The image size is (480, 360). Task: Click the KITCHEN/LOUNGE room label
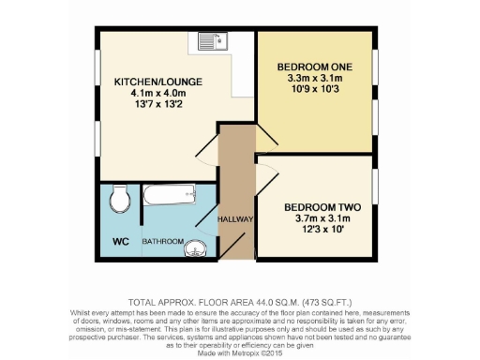pyautogui.click(x=150, y=82)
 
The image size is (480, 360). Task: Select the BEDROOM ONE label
pyautogui.click(x=314, y=67)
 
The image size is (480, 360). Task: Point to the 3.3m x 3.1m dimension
pyautogui.click(x=314, y=79)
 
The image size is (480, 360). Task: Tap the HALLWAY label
pyautogui.click(x=236, y=219)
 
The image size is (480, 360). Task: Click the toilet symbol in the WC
pyautogui.click(x=119, y=199)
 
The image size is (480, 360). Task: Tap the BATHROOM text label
pyautogui.click(x=161, y=241)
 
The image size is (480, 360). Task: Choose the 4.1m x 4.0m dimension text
pyautogui.click(x=150, y=94)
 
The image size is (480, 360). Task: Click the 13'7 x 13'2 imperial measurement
pyautogui.click(x=150, y=105)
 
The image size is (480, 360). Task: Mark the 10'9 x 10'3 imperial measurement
pyautogui.click(x=314, y=91)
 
